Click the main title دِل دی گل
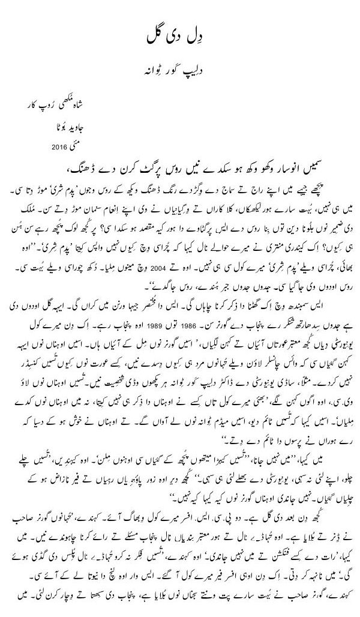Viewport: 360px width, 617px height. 180,34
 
